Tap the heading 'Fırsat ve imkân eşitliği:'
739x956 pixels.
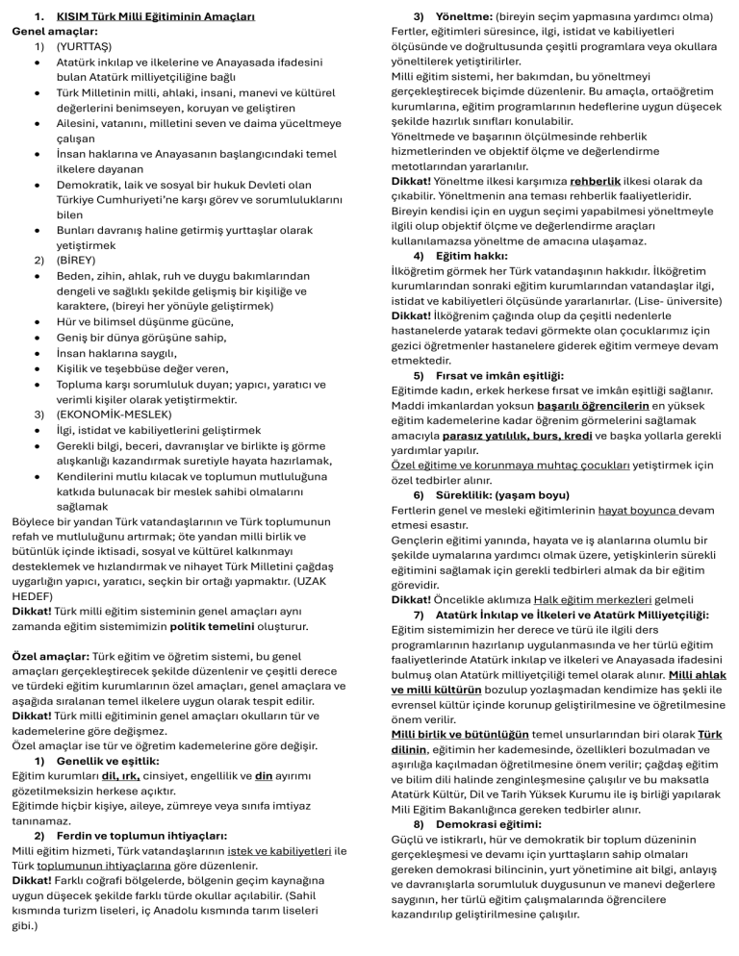(x=500, y=374)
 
